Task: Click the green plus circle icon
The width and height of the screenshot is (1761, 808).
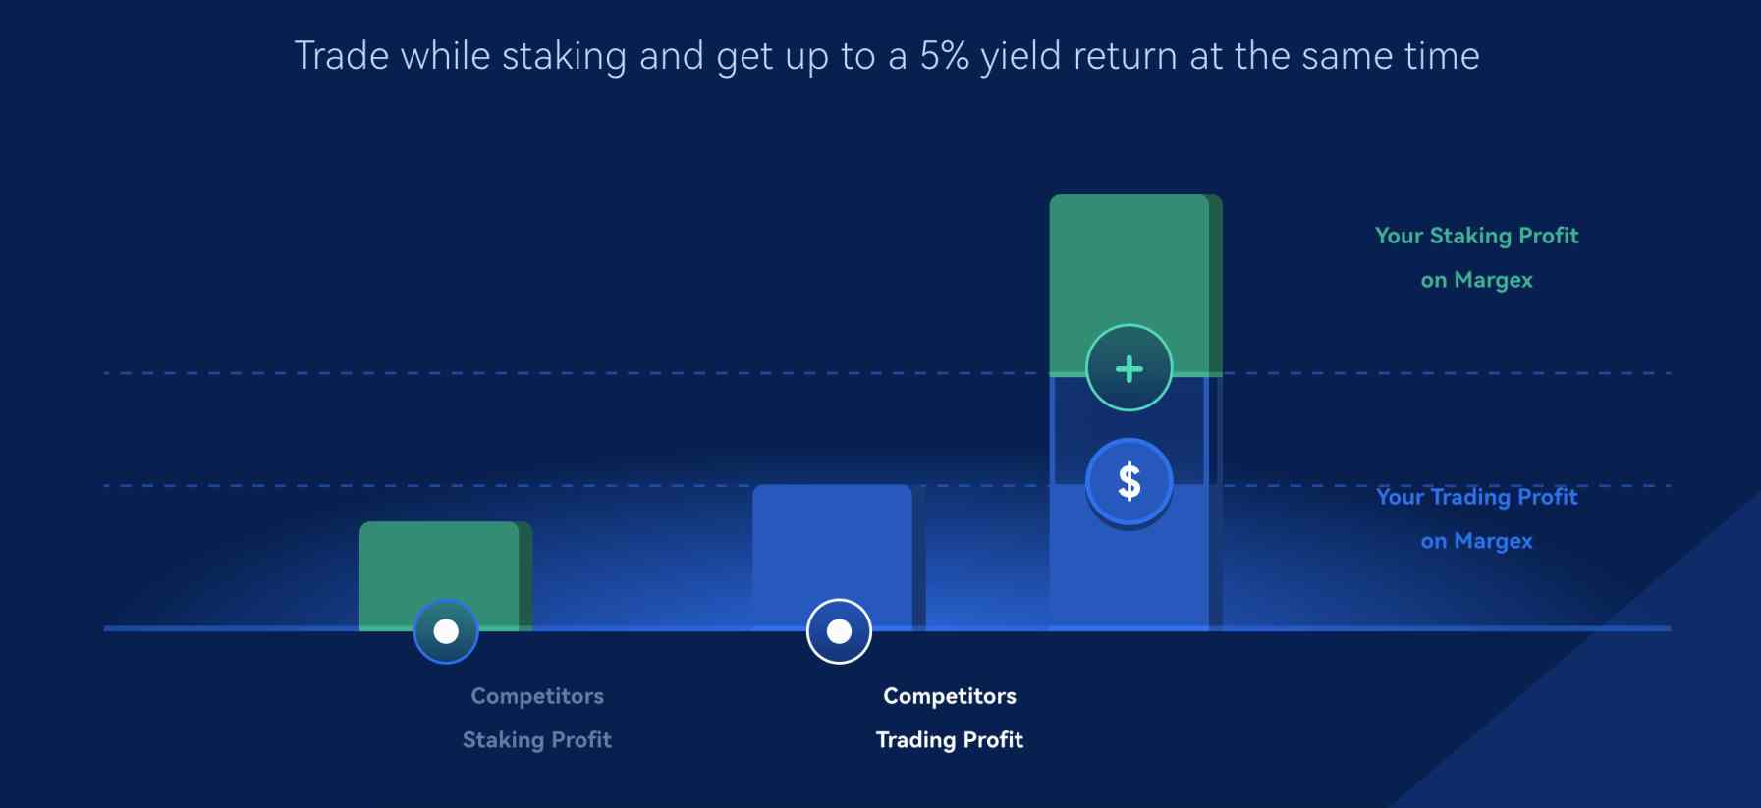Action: click(x=1128, y=368)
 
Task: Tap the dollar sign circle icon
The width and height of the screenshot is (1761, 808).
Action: click(x=1128, y=481)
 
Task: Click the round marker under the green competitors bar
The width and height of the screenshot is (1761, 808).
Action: click(x=446, y=631)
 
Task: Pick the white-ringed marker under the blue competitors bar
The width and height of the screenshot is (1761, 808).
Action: click(x=839, y=631)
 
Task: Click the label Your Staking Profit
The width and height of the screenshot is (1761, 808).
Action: click(x=1476, y=236)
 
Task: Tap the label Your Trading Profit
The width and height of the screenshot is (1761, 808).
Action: click(x=1476, y=497)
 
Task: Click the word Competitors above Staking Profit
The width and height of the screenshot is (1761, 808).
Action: click(x=537, y=696)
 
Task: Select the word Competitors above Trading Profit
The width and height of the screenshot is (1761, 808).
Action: click(x=950, y=696)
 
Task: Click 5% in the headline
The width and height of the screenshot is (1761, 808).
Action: click(x=944, y=56)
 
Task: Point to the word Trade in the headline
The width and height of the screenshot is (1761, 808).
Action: click(x=342, y=56)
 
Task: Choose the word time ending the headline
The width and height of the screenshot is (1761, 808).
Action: click(x=1441, y=56)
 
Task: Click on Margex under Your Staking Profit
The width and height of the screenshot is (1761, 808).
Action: click(x=1476, y=280)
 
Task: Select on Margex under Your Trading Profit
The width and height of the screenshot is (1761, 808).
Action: click(x=1476, y=541)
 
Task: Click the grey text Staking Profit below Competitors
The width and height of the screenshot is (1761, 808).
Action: click(x=537, y=740)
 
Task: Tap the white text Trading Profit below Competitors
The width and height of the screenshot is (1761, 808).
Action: click(x=950, y=740)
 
